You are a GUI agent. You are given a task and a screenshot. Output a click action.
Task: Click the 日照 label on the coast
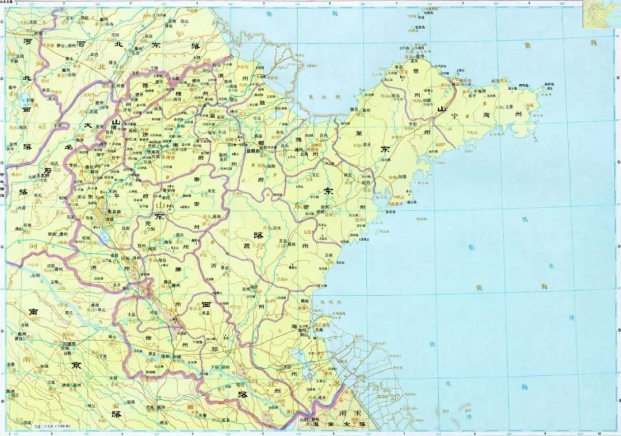pos(328,254)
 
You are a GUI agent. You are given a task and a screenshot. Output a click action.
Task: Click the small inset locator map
pos(600,14)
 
